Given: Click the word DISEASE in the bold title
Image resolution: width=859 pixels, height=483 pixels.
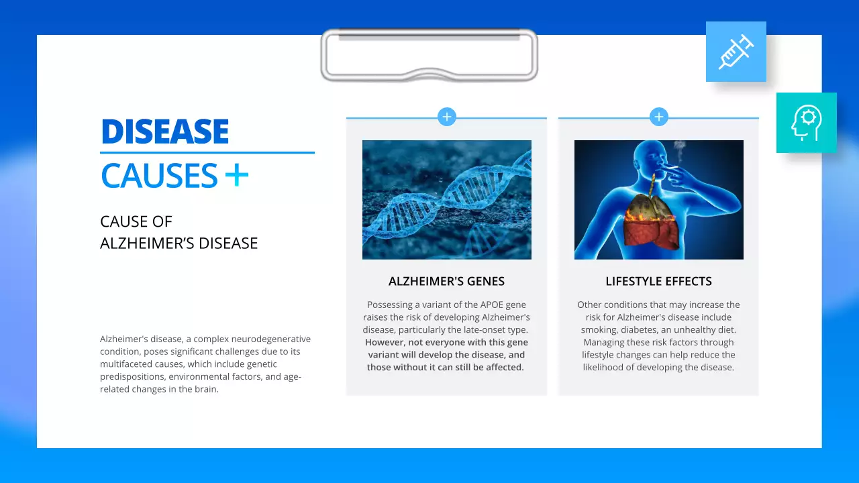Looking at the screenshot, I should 165,132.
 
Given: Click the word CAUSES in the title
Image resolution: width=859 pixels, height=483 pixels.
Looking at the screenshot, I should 160,176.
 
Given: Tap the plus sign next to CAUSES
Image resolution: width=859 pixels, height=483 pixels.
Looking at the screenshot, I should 237,176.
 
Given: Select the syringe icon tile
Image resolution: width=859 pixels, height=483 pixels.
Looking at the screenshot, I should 736,52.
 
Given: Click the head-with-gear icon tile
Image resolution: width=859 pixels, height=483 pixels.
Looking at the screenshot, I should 806,123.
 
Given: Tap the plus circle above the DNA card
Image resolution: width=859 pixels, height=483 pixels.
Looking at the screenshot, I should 447,117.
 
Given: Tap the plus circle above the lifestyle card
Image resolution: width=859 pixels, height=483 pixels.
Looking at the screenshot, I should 659,117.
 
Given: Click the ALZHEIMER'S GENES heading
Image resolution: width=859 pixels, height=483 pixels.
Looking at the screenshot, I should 446,281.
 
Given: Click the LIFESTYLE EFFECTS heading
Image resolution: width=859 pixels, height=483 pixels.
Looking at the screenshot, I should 658,281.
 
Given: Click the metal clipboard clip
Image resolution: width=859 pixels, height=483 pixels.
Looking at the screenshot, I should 429,55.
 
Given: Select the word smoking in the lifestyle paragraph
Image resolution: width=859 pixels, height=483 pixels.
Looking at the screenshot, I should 600,329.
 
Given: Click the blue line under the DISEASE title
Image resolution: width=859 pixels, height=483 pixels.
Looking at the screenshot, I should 207,152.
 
